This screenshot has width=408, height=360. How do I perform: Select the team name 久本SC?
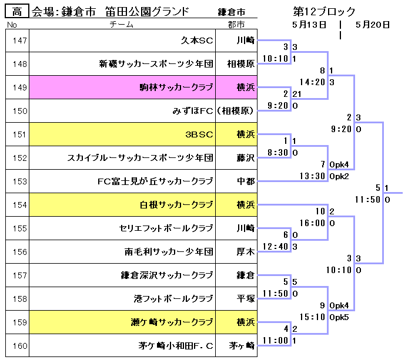pos(197,41)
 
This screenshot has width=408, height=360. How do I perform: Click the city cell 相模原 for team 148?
pos(241,64)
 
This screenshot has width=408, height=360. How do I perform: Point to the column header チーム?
pos(122,24)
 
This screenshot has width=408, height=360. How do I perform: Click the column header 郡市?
pos(236,24)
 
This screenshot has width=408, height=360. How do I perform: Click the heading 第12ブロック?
pos(324,11)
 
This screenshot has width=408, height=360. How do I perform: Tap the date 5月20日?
pos(373,24)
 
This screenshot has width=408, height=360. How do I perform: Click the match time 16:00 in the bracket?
pos(312,223)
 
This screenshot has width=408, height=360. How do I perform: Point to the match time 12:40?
pos(276,246)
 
